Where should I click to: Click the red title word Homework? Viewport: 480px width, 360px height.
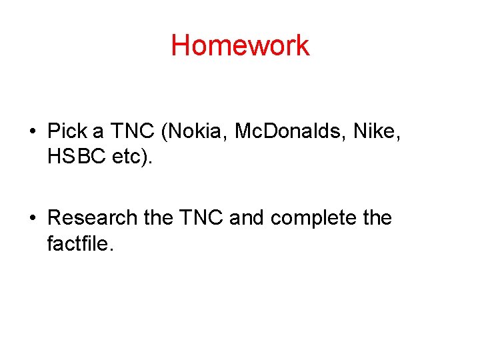click(x=240, y=45)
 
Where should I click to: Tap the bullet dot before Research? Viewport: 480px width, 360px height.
click(x=32, y=218)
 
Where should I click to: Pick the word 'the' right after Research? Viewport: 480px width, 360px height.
click(x=159, y=218)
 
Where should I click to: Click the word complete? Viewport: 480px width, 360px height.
click(x=315, y=218)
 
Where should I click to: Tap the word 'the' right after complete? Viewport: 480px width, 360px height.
click(x=375, y=218)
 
